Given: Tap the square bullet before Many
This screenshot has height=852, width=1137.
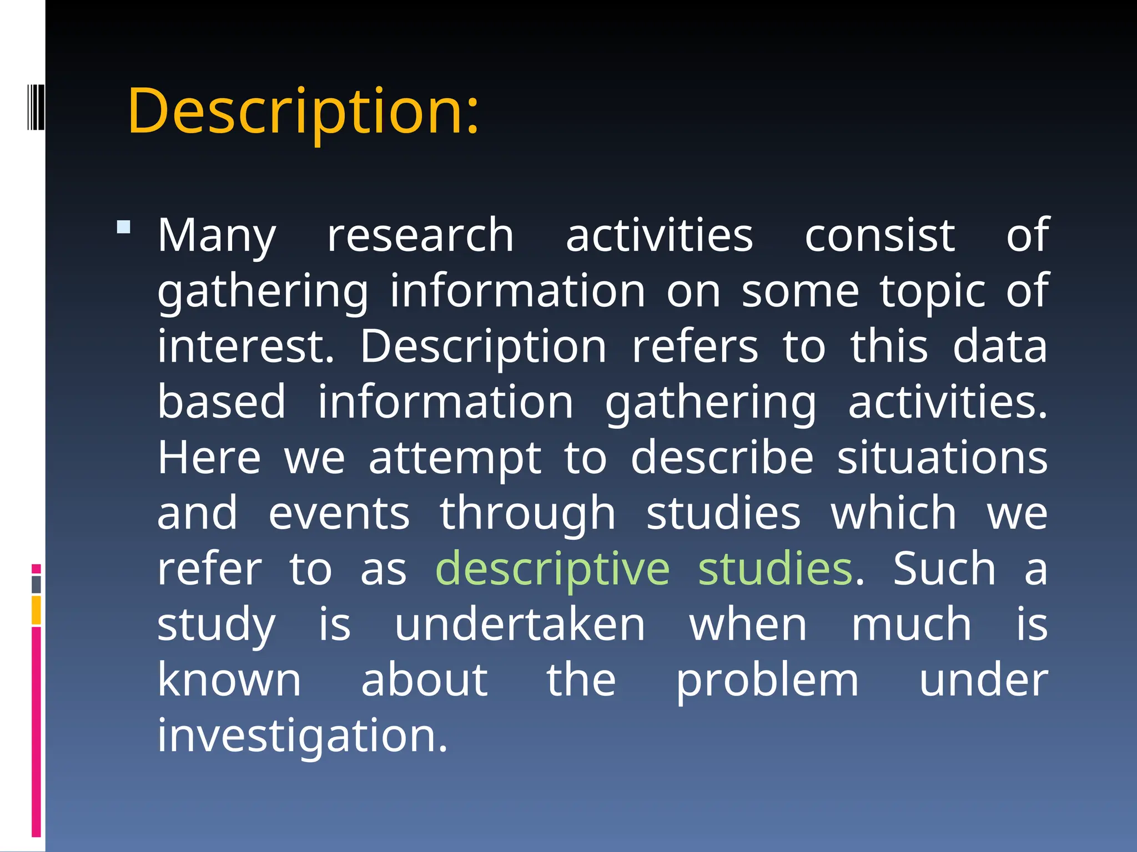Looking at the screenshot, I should [x=124, y=227].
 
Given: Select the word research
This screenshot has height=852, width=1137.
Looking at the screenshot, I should [x=420, y=236].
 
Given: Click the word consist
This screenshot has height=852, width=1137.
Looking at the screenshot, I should [x=880, y=236].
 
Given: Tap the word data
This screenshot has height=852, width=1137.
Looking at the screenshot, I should [x=999, y=347].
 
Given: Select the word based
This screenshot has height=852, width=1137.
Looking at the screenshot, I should [x=222, y=402].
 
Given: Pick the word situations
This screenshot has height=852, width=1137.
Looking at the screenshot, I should [x=942, y=458].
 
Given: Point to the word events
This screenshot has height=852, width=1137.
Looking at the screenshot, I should [x=339, y=514].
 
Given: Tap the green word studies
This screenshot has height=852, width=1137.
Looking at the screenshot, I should [x=775, y=569].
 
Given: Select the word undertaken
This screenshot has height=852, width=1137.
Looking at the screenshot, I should [x=520, y=625].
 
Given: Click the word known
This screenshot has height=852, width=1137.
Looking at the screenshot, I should [x=229, y=681].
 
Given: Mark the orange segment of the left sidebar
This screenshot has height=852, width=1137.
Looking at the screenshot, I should [x=36, y=610].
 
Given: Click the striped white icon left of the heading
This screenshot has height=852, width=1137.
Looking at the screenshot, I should [x=36, y=106].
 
